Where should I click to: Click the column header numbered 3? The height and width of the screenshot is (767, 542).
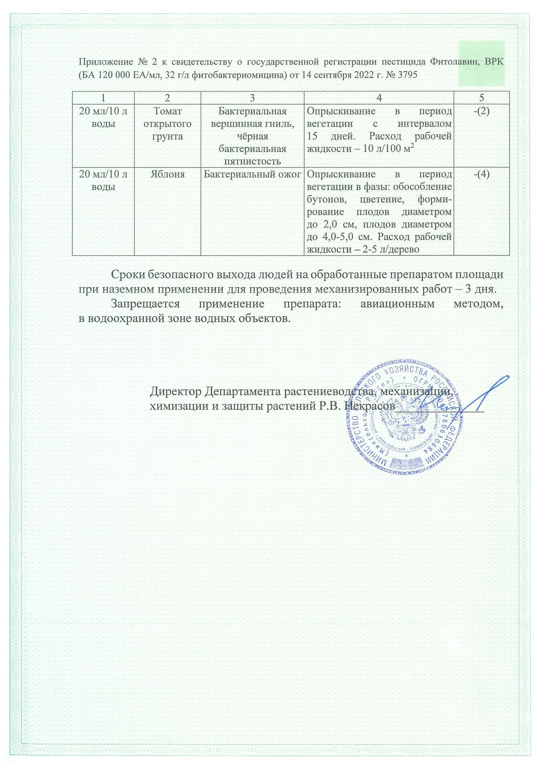point(252,98)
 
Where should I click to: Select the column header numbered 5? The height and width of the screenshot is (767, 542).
point(481,98)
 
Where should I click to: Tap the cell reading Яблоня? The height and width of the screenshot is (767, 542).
point(167,174)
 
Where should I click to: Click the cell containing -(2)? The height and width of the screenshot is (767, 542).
point(482,111)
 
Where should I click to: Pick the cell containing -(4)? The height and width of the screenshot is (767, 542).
point(482,174)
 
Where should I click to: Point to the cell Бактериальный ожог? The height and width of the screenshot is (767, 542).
point(252,174)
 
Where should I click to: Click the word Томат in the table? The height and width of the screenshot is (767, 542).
point(167,111)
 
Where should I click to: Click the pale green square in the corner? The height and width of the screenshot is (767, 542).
point(481,64)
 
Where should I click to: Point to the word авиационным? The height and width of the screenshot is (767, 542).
point(386,304)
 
